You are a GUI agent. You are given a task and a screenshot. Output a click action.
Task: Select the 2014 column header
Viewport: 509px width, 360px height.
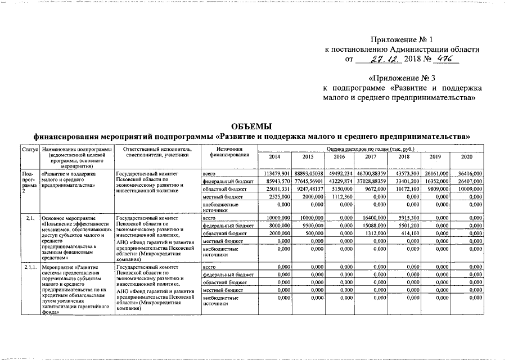coord(274,156)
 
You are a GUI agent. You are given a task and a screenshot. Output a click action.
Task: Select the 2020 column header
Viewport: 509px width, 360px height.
coord(467,156)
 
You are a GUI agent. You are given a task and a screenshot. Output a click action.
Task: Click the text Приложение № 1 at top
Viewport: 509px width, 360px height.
coord(402,40)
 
